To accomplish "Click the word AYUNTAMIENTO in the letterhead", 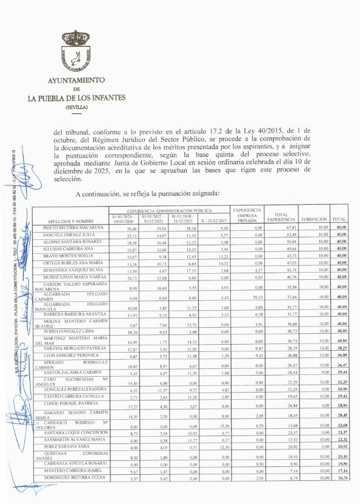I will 76,80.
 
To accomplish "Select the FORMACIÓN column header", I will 314,219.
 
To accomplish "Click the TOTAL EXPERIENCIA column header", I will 281,216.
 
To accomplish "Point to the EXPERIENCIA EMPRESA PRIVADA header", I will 247,215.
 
